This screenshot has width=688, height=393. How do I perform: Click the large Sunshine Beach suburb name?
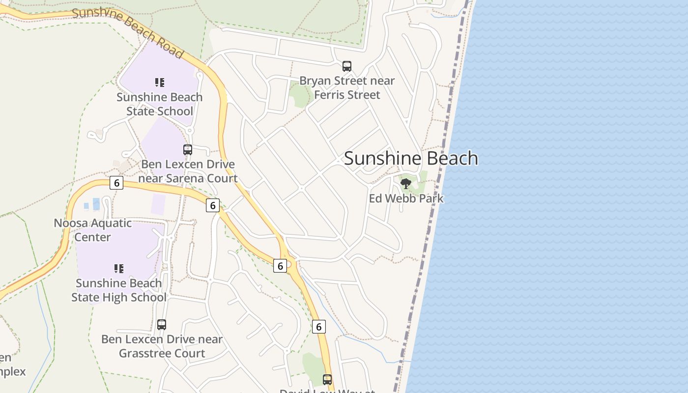coord(411,158)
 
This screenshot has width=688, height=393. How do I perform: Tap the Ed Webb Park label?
coord(406,198)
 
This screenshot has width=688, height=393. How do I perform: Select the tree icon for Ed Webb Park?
coord(406,184)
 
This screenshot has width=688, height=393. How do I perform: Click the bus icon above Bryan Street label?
coord(347,66)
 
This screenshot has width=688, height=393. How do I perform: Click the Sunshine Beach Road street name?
coord(128,30)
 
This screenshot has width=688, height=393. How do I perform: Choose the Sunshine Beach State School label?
coord(159,104)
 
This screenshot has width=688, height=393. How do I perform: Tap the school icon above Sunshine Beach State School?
coord(159,82)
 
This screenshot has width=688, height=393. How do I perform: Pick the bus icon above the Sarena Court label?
coord(188,150)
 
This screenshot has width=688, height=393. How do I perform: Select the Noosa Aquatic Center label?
coord(92,230)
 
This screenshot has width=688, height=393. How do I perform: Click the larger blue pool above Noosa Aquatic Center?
coord(96,204)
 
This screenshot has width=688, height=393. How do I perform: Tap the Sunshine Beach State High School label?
coord(118,290)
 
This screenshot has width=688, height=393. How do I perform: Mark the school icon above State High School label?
coord(118,268)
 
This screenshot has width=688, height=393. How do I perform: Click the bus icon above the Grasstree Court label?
coord(162,325)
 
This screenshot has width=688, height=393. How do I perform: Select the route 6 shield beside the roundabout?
coord(280,266)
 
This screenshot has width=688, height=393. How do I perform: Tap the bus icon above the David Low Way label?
coord(327,379)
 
